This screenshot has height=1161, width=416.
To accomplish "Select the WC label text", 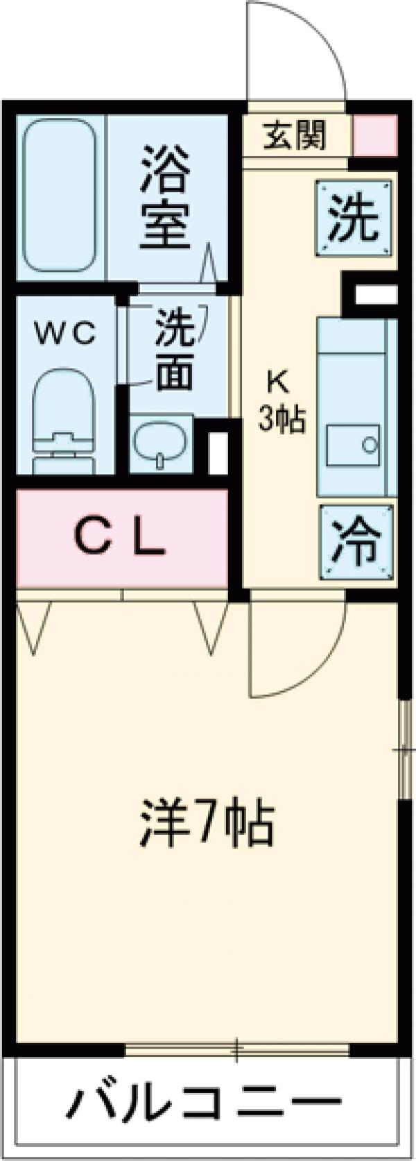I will (x=66, y=334).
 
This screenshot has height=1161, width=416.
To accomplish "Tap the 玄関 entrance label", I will (x=294, y=136).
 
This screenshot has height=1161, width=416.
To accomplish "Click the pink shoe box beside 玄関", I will (x=375, y=135).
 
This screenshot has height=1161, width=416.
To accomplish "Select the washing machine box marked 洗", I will (x=353, y=219).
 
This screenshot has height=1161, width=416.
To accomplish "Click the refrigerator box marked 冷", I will (x=355, y=541).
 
